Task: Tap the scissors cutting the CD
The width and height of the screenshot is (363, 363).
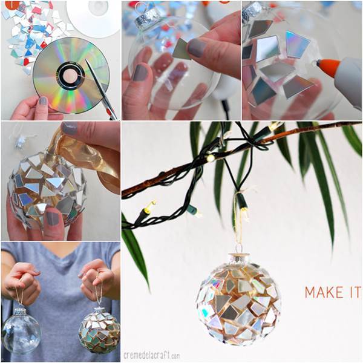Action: [100, 90]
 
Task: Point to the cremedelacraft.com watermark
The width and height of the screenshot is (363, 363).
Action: [152, 355]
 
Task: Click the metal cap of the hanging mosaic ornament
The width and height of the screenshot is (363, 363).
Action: [240, 258]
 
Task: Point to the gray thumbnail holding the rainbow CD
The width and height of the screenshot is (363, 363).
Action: [43, 101]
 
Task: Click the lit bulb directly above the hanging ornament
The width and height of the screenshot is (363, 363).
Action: [245, 212]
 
